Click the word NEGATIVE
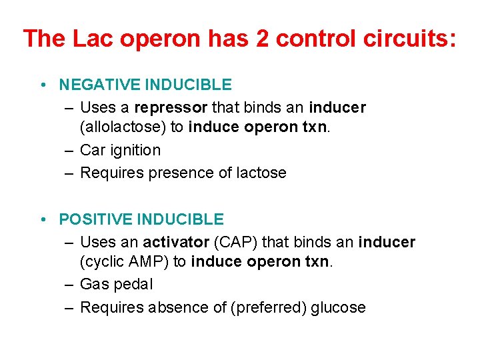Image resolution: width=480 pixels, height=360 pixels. pos(100,85)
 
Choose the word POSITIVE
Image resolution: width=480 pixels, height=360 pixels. pos(98,219)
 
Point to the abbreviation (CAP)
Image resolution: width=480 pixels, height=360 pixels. pos(229,241)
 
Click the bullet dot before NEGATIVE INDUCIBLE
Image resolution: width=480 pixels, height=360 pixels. pos(42,85)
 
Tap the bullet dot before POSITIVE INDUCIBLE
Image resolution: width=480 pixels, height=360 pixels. pos(42,219)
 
